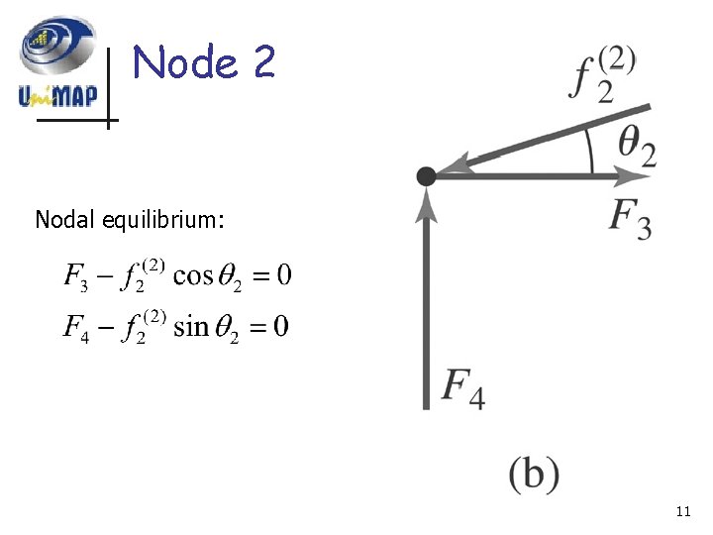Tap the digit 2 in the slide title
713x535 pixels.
(262, 63)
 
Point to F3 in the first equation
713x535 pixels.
(76, 275)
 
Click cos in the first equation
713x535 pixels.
(193, 275)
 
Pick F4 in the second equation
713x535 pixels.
(76, 326)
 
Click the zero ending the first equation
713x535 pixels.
(283, 275)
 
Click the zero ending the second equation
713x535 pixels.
(281, 326)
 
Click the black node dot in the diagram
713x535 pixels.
(426, 176)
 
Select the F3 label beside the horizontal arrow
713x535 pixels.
(630, 219)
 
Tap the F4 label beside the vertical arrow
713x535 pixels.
(462, 386)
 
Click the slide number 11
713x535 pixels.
(682, 511)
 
